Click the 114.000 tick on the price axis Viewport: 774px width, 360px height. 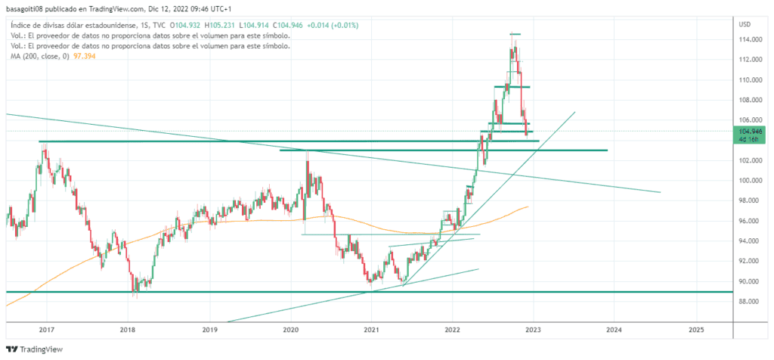749,39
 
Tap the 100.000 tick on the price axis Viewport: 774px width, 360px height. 749,181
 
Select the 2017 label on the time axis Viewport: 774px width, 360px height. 47,330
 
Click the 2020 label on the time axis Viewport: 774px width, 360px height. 291,330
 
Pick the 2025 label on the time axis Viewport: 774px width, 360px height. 696,330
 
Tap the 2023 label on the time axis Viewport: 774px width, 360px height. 534,330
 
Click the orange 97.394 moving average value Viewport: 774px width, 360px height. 83,56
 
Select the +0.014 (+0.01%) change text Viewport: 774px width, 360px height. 333,25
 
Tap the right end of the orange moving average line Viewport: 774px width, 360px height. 528,206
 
